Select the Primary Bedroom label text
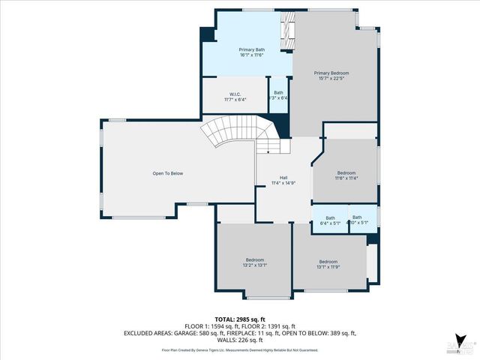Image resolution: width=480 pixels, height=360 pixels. pyautogui.click(x=331, y=73)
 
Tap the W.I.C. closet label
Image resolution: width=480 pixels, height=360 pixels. pyautogui.click(x=235, y=94)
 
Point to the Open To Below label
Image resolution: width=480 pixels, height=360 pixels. pyautogui.click(x=167, y=173)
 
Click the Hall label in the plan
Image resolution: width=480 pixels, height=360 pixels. pyautogui.click(x=283, y=178)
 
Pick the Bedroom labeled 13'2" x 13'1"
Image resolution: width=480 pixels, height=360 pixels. pyautogui.click(x=254, y=259)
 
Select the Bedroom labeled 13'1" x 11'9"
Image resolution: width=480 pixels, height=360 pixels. pyautogui.click(x=328, y=262)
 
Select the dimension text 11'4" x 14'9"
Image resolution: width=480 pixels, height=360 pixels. pyautogui.click(x=283, y=183)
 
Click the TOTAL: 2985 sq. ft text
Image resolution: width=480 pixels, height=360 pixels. pyautogui.click(x=240, y=319)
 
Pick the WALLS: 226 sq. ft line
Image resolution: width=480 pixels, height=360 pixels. pyautogui.click(x=240, y=340)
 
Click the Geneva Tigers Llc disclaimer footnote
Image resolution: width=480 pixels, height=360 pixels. pyautogui.click(x=240, y=350)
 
